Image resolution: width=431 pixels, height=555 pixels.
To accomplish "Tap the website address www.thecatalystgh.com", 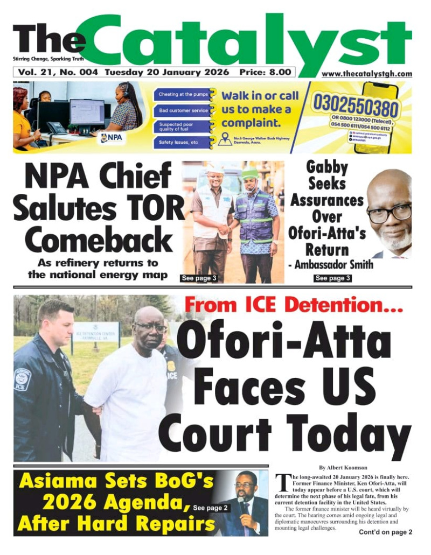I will (x=367, y=74).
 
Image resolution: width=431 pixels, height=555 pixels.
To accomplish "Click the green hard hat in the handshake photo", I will (x=250, y=173).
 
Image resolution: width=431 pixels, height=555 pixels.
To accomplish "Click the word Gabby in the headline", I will (x=327, y=167).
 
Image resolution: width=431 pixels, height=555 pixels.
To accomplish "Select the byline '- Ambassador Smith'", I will (x=330, y=264).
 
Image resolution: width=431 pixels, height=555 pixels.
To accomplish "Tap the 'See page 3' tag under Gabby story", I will (x=332, y=278).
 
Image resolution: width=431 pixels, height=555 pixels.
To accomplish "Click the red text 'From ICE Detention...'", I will (x=294, y=305).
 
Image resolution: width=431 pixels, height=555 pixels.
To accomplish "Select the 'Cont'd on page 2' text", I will (x=385, y=532).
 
